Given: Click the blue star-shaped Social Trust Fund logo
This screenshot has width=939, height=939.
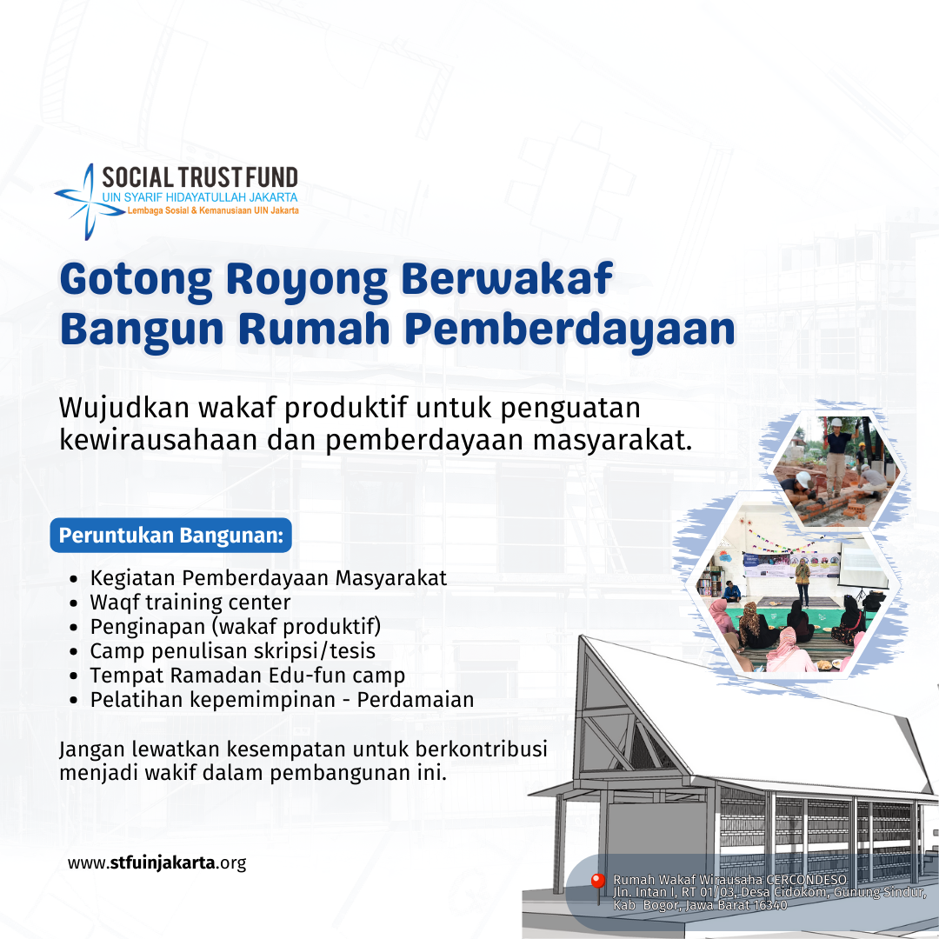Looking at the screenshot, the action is (90, 202).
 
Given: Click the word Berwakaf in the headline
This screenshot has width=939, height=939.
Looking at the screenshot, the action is (507, 278).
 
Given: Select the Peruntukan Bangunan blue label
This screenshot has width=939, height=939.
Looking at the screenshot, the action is (171, 535).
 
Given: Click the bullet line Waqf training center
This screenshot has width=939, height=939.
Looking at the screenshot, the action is (190, 602).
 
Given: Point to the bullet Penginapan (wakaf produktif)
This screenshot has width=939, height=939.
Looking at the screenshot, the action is (236, 626).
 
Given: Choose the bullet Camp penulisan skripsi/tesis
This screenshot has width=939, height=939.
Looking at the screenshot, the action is (233, 651).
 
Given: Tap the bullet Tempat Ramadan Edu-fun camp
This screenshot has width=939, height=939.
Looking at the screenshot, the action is (247, 676).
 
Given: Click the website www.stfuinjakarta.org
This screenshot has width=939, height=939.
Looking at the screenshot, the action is (156, 863).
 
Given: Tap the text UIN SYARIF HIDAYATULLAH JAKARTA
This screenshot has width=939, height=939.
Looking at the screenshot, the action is (199, 197).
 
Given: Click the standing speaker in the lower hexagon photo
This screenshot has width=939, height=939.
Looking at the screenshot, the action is (802, 581).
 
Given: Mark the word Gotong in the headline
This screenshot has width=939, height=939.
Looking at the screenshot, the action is (136, 280).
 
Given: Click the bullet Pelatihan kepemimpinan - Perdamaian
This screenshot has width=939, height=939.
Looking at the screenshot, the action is (282, 699).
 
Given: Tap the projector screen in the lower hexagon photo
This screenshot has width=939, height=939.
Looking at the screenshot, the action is (862, 569).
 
